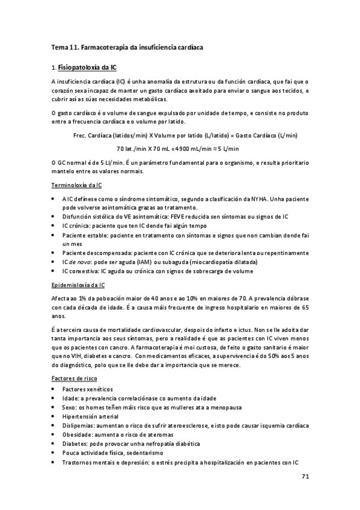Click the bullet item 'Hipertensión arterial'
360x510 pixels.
click(x=90, y=416)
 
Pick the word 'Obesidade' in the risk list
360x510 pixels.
click(x=77, y=434)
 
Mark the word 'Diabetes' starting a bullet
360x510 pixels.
click(x=75, y=443)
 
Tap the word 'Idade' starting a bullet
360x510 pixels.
click(x=70, y=398)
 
